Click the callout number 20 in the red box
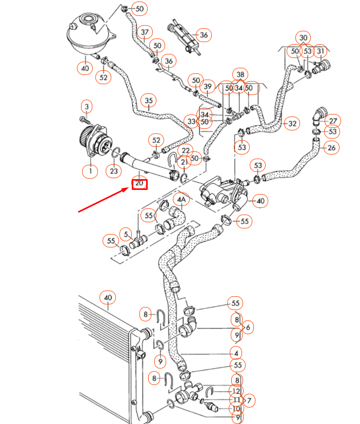tap(139, 183)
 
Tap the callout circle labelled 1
tap(90, 171)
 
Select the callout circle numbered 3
tap(87, 107)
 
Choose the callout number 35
tap(149, 100)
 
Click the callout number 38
tap(239, 74)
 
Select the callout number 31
tap(321, 51)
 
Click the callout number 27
tap(333, 121)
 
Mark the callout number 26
tap(331, 148)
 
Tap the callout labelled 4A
tap(182, 199)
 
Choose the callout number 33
tap(192, 121)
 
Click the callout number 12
tap(236, 391)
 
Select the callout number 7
tap(250, 399)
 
